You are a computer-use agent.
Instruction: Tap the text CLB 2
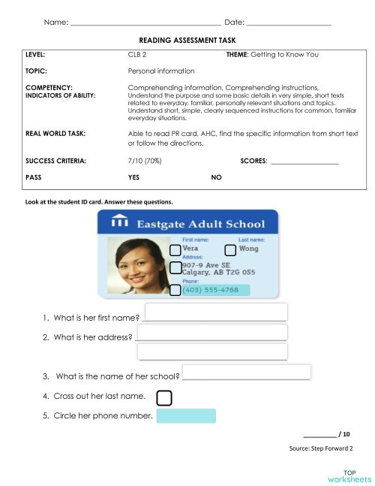pos(136,55)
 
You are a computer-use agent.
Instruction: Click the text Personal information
pos(161,71)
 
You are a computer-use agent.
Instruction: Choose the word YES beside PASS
pos(134,177)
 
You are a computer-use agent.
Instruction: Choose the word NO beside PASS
pos(216,177)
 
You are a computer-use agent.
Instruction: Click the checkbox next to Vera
pos(175,249)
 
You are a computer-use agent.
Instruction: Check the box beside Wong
pos(231,249)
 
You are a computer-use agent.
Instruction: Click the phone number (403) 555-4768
pos(211,289)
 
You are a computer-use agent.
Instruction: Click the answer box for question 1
pos(215,312)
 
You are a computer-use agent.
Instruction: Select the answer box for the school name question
pos(247,372)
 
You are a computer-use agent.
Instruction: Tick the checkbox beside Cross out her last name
pos(164,397)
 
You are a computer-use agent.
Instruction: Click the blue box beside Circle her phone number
pos(186,415)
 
